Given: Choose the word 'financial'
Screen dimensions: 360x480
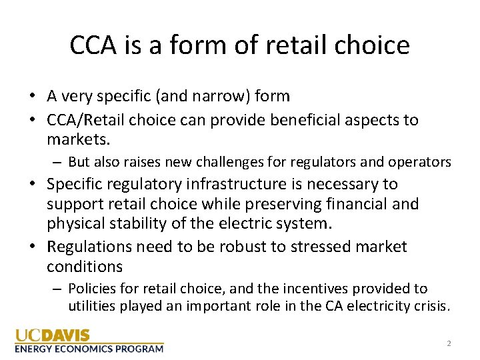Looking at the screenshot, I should pos(368,204).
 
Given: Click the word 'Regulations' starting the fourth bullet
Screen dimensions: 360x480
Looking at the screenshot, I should pos(89,247).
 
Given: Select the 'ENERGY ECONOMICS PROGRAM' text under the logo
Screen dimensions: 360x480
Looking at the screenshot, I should pos(89,349).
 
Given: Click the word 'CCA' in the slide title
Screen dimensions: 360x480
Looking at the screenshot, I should pos(93,45).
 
